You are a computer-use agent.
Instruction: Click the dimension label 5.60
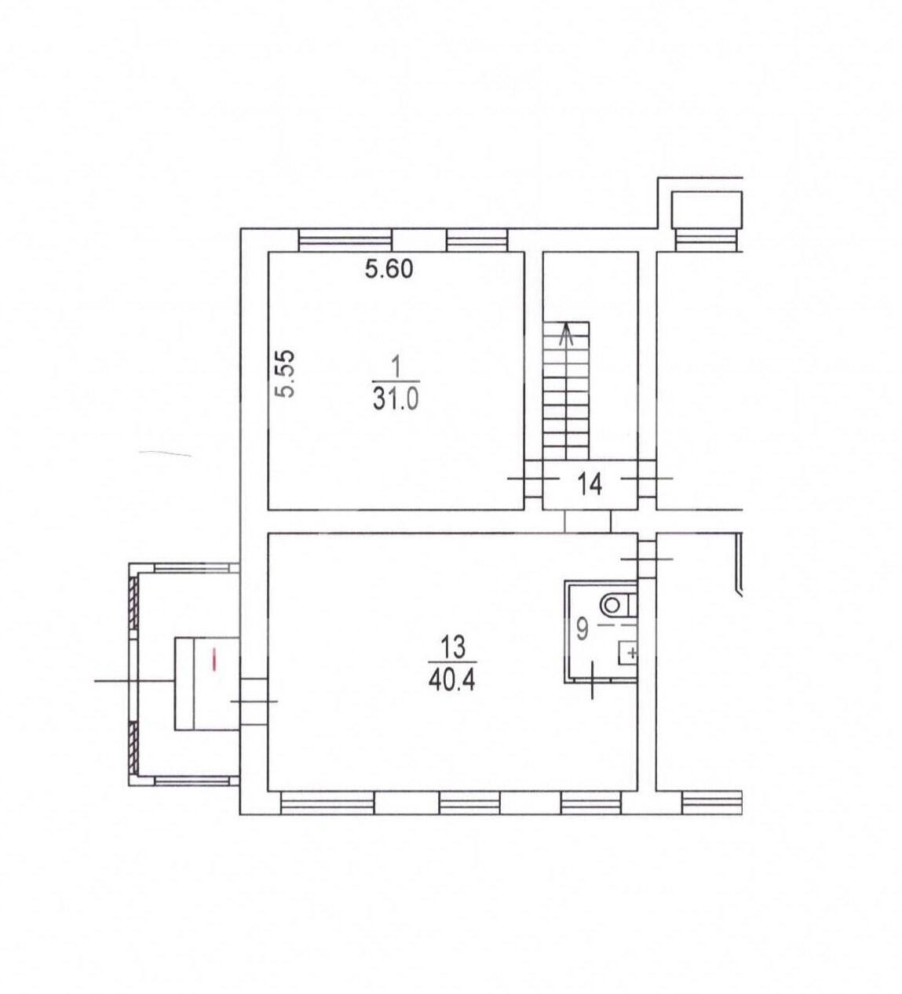tap(389, 270)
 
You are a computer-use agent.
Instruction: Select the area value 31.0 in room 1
tap(396, 399)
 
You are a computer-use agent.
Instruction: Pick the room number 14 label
tap(590, 484)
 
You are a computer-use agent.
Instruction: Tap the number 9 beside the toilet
tap(582, 630)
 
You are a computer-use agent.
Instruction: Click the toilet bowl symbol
tap(617, 606)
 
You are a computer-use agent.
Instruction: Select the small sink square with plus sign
tap(627, 654)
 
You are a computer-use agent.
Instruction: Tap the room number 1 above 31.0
tap(396, 369)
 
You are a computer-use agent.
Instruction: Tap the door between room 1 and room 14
tap(534, 479)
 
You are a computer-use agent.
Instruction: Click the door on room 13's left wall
tap(254, 701)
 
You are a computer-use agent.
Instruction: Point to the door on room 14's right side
tap(647, 479)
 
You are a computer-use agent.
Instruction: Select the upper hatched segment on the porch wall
tap(133, 603)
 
